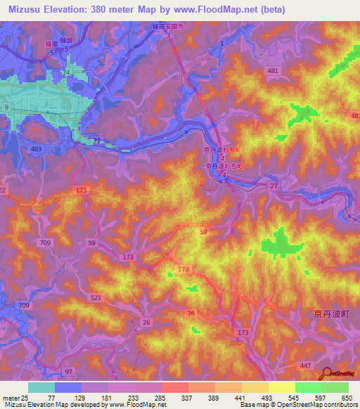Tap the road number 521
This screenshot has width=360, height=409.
point(96,298)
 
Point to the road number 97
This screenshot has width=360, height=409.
point(69,370)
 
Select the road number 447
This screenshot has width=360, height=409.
point(304,367)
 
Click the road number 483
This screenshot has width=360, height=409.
point(36,150)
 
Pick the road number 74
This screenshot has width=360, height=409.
point(66,72)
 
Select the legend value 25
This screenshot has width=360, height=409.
point(26,397)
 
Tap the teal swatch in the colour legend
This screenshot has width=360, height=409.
point(41,387)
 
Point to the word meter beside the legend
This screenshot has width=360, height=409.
point(10,397)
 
